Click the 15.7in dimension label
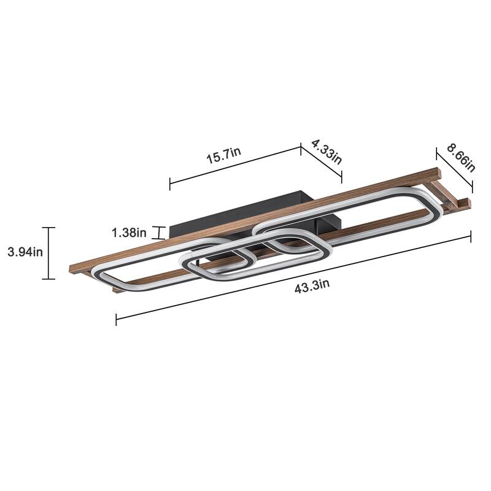coord(223,155)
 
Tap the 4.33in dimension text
coord(327,152)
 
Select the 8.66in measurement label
coord(462,158)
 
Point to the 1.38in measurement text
coord(129,233)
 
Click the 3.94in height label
coord(25,252)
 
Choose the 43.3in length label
coord(312,286)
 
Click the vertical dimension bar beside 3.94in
coord(48,253)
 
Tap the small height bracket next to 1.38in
coord(160,233)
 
